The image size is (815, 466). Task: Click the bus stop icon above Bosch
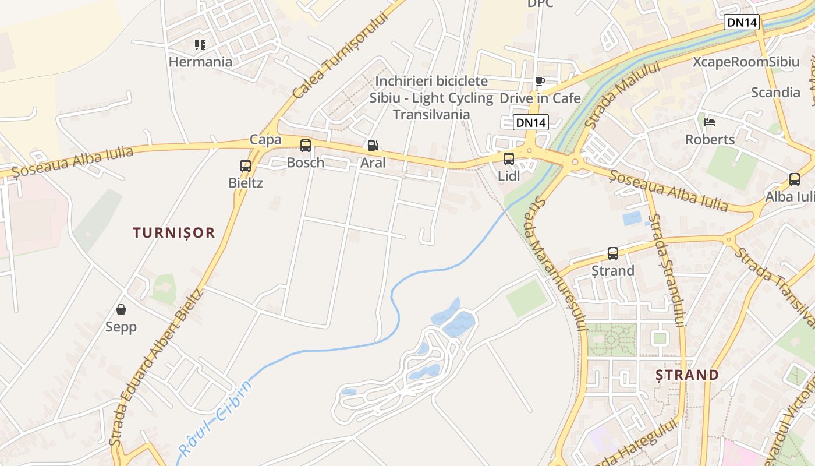pyautogui.click(x=306, y=146)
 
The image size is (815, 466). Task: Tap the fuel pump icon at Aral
pyautogui.click(x=373, y=146)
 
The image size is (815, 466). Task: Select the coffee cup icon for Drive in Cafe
pyautogui.click(x=540, y=81)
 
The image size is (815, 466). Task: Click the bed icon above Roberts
pyautogui.click(x=710, y=122)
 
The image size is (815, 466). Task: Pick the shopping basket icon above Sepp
pyautogui.click(x=121, y=309)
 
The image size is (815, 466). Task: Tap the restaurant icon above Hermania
pyautogui.click(x=200, y=45)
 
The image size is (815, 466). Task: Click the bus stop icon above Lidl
pyautogui.click(x=509, y=158)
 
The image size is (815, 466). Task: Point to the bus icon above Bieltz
pyautogui.click(x=246, y=166)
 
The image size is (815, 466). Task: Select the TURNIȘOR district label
pyautogui.click(x=174, y=233)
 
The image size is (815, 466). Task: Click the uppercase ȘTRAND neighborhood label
pyautogui.click(x=688, y=375)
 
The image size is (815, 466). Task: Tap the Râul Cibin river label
pyautogui.click(x=215, y=417)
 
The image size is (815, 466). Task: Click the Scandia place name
pyautogui.click(x=775, y=92)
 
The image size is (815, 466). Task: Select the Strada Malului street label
pyautogui.click(x=622, y=95)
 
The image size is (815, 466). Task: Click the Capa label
pyautogui.click(x=265, y=140)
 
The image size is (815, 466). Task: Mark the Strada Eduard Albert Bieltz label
pyautogui.click(x=157, y=368)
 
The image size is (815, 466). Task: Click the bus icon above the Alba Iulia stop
pyautogui.click(x=795, y=179)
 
